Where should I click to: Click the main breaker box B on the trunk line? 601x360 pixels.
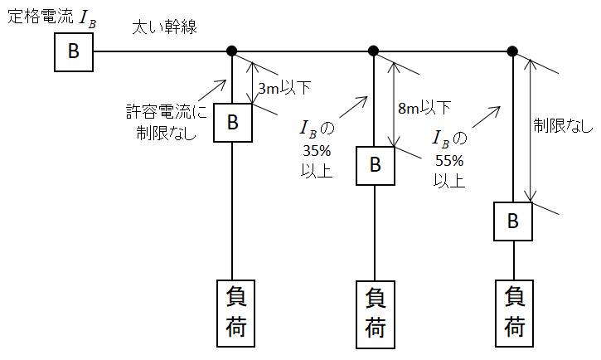(74, 51)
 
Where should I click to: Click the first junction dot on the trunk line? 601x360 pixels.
(232, 51)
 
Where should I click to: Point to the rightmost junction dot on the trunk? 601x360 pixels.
(512, 51)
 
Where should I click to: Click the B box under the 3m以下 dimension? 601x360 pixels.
(233, 123)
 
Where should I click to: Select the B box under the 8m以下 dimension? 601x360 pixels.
(375, 165)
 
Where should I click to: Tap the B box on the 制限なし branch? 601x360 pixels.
(513, 221)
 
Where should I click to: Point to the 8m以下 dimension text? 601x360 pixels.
(424, 107)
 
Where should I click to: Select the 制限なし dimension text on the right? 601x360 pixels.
(563, 125)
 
